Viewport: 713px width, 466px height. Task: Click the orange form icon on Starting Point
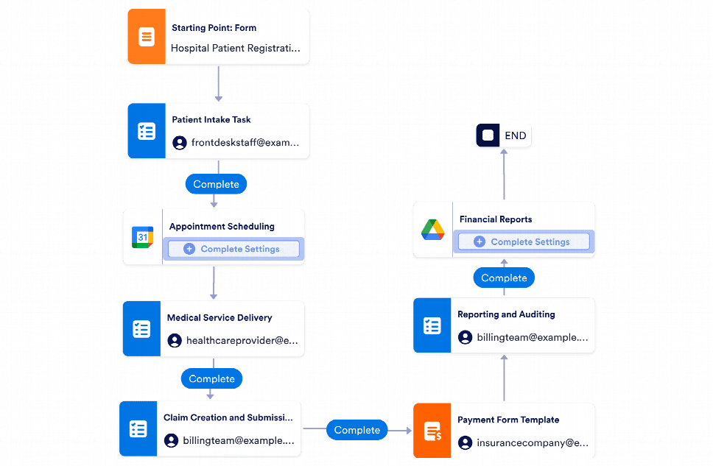pos(147,37)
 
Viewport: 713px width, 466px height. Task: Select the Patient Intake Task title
pos(211,119)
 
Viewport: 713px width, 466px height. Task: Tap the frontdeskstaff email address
pos(245,143)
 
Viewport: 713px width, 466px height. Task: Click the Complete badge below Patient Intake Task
pos(216,184)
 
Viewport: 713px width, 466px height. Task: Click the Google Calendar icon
pos(142,237)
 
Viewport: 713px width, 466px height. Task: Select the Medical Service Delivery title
pos(219,318)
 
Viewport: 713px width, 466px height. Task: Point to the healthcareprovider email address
pos(242,341)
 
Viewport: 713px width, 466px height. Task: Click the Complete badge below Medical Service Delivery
pos(211,378)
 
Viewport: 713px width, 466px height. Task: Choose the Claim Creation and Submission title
pos(228,417)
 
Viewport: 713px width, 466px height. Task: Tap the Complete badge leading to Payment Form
pos(357,430)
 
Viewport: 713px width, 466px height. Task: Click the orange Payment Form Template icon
pos(432,431)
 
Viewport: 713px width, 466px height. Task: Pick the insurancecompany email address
pos(533,443)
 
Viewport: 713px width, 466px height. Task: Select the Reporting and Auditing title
pos(506,314)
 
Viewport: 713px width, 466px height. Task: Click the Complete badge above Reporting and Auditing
pos(504,278)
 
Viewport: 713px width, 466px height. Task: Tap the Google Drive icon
pos(432,230)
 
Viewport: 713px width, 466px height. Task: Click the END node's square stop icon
pos(487,135)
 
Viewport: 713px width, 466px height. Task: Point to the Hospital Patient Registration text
pos(236,48)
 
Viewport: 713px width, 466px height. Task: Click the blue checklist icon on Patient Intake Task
pos(147,131)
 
